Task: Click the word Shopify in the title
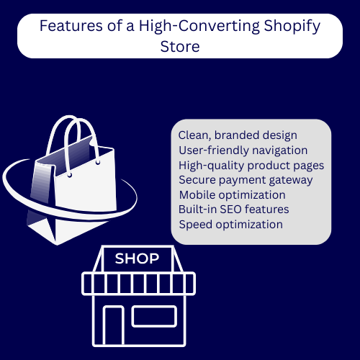[x=292, y=27]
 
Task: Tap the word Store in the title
[x=180, y=47]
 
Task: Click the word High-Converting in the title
[x=199, y=27]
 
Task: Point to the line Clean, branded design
[x=238, y=135]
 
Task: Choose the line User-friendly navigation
[x=243, y=150]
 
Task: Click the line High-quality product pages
[x=251, y=166]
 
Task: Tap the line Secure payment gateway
[x=246, y=180]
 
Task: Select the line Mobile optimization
[x=233, y=195]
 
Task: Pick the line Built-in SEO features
[x=234, y=210]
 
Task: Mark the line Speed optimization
[x=231, y=225]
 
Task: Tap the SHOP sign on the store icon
[x=137, y=258]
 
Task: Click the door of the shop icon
[x=114, y=325]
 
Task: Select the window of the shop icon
[x=154, y=316]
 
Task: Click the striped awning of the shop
[x=138, y=284]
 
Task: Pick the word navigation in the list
[x=280, y=150]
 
